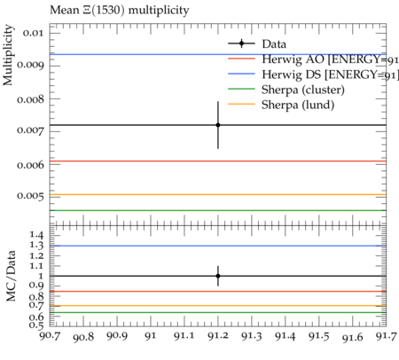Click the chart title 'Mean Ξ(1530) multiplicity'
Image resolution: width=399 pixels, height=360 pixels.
pyautogui.click(x=120, y=11)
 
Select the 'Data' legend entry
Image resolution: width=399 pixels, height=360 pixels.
pyautogui.click(x=274, y=44)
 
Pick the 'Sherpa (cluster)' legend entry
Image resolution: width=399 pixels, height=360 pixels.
pyautogui.click(x=303, y=90)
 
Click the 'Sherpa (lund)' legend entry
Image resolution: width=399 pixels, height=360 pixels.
pyautogui.click(x=298, y=105)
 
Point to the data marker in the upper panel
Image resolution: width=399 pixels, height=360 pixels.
pyautogui.click(x=218, y=125)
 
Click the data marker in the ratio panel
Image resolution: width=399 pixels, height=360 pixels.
pyautogui.click(x=218, y=276)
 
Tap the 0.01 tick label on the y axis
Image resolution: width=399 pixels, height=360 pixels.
pyautogui.click(x=33, y=33)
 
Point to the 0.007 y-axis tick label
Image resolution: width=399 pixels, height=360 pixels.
pyautogui.click(x=30, y=130)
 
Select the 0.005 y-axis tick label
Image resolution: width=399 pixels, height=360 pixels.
pyautogui.click(x=30, y=196)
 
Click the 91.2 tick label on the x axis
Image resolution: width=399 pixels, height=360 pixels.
pyautogui.click(x=218, y=336)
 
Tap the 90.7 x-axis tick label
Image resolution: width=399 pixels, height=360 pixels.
pyautogui.click(x=50, y=336)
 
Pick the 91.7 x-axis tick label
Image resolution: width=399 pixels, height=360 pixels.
pyautogui.click(x=386, y=336)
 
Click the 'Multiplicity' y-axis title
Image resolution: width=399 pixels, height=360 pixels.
pyautogui.click(x=8, y=55)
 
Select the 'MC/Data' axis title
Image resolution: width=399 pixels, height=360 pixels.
pyautogui.click(x=11, y=276)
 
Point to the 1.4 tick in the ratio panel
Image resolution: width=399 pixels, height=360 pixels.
pyautogui.click(x=36, y=236)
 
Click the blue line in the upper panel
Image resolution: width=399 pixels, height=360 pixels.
pyautogui.click(x=218, y=54)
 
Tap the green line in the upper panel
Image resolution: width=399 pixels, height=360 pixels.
pyautogui.click(x=218, y=210)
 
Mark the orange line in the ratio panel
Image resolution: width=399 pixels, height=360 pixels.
pyautogui.click(x=218, y=306)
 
